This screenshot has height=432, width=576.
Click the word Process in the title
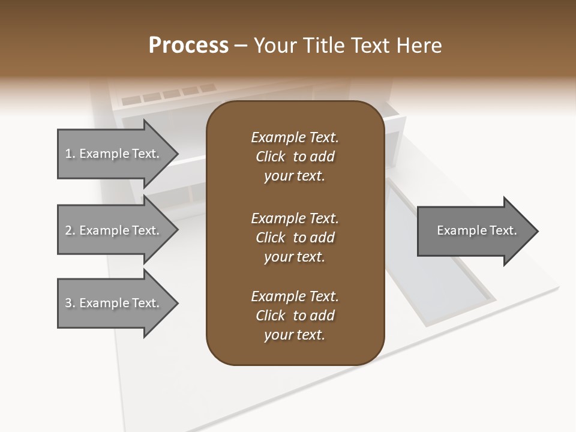(x=188, y=45)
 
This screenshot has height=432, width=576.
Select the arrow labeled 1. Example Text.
(x=114, y=154)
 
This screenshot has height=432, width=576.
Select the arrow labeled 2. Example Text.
(x=114, y=230)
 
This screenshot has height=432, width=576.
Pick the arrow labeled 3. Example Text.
(x=114, y=303)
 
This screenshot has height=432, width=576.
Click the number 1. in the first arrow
(x=70, y=154)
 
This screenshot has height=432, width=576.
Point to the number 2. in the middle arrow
(x=70, y=230)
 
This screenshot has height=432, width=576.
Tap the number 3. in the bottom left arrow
(x=70, y=303)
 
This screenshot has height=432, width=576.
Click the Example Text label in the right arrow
(x=476, y=230)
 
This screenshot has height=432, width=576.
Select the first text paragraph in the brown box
(x=295, y=157)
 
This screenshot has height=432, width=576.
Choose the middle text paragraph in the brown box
(x=295, y=237)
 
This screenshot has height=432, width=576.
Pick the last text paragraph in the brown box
(x=295, y=316)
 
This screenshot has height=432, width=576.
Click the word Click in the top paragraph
(x=270, y=157)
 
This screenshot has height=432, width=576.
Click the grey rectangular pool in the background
(x=438, y=252)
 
